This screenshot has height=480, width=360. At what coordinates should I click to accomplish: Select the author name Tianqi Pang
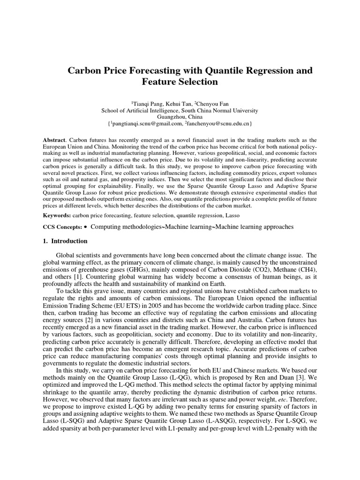tap(150, 103)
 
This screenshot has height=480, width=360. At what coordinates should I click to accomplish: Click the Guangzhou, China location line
tap(180, 117)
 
